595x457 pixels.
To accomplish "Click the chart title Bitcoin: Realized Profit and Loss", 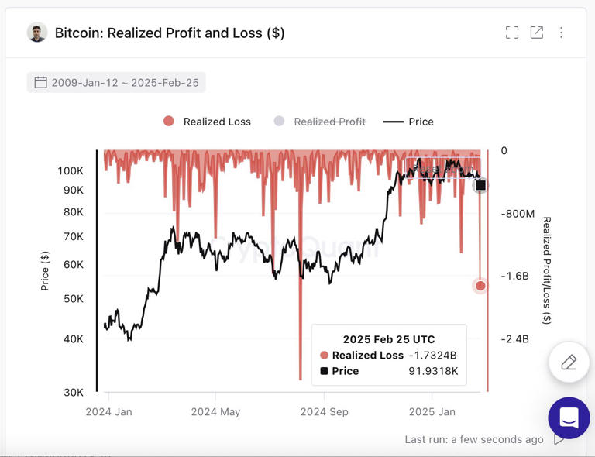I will (x=169, y=33).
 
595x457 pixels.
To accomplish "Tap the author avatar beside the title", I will (x=36, y=33).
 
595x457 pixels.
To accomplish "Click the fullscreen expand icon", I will (x=511, y=33).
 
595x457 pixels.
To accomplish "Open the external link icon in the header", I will (x=536, y=33).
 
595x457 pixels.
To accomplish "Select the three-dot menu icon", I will (x=562, y=33).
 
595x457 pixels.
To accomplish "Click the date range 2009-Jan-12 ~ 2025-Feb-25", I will (x=116, y=82).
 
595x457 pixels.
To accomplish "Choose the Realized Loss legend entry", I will (x=207, y=122).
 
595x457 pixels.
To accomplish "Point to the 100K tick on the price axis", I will (x=71, y=170).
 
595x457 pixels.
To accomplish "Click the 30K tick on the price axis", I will (x=74, y=393).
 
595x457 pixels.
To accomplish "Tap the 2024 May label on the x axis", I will (x=215, y=412).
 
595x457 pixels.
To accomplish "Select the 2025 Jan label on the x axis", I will (x=432, y=412).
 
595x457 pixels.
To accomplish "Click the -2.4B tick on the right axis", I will (x=515, y=339).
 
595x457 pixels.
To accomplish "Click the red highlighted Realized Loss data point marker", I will (x=480, y=286).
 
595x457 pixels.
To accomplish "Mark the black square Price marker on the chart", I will (x=480, y=185).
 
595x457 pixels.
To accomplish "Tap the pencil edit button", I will (x=569, y=362).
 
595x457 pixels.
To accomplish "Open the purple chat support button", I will (x=569, y=418).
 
